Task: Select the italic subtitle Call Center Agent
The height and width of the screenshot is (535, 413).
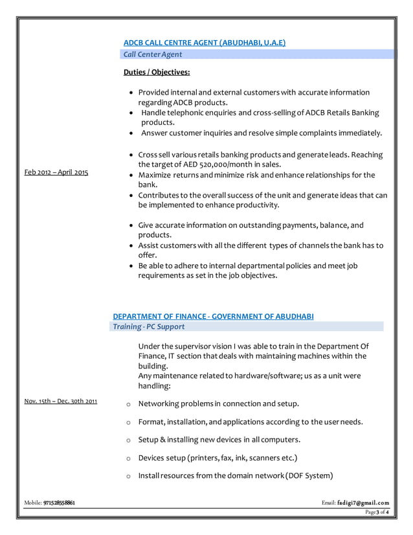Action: coord(153,54)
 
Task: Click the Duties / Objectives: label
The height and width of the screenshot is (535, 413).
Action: coord(156,73)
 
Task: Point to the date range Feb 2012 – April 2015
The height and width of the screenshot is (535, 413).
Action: coord(56,172)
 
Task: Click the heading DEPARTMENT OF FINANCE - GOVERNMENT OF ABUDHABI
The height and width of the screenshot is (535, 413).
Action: coord(213,316)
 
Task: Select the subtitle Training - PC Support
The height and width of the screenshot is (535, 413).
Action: coord(148,326)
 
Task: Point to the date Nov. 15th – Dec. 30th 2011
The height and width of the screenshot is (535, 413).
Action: coord(60,401)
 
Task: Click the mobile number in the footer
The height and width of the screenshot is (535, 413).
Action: coord(59,503)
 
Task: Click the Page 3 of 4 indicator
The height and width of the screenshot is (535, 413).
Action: coord(377,512)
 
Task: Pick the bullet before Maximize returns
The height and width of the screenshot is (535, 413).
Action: coord(131,176)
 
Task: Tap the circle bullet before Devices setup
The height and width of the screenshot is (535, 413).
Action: coord(128,459)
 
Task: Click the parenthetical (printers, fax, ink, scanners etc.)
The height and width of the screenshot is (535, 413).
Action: coord(242,458)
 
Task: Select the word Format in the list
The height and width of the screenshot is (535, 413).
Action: coord(151,422)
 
